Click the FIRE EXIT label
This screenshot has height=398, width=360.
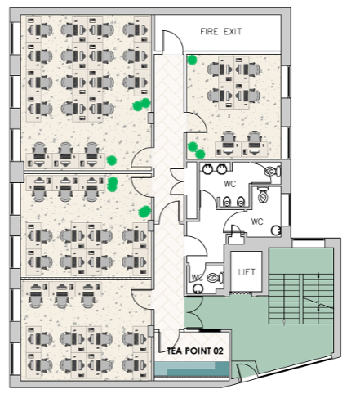(x=221, y=32)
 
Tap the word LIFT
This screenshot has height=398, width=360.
(x=247, y=272)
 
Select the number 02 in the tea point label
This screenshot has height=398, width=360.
(x=218, y=351)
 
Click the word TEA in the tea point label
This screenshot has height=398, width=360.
(x=174, y=351)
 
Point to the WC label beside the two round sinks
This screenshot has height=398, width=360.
(x=230, y=184)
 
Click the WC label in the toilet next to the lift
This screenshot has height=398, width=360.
(x=197, y=278)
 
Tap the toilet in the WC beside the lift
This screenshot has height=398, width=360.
(x=216, y=278)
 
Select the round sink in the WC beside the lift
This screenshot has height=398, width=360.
(x=198, y=288)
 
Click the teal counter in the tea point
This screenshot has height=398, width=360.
(x=192, y=369)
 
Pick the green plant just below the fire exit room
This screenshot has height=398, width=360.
(x=193, y=60)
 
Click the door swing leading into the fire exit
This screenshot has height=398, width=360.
(x=172, y=41)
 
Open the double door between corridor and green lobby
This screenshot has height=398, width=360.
(x=193, y=312)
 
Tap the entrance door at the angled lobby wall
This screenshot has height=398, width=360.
(x=247, y=371)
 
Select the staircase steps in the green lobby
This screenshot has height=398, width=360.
(x=301, y=299)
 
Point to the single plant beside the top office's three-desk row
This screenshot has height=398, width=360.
(x=111, y=160)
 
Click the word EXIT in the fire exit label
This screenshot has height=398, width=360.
(x=233, y=32)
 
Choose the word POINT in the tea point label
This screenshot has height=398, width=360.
(x=198, y=351)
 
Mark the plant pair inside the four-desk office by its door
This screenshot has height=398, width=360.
(x=196, y=150)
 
